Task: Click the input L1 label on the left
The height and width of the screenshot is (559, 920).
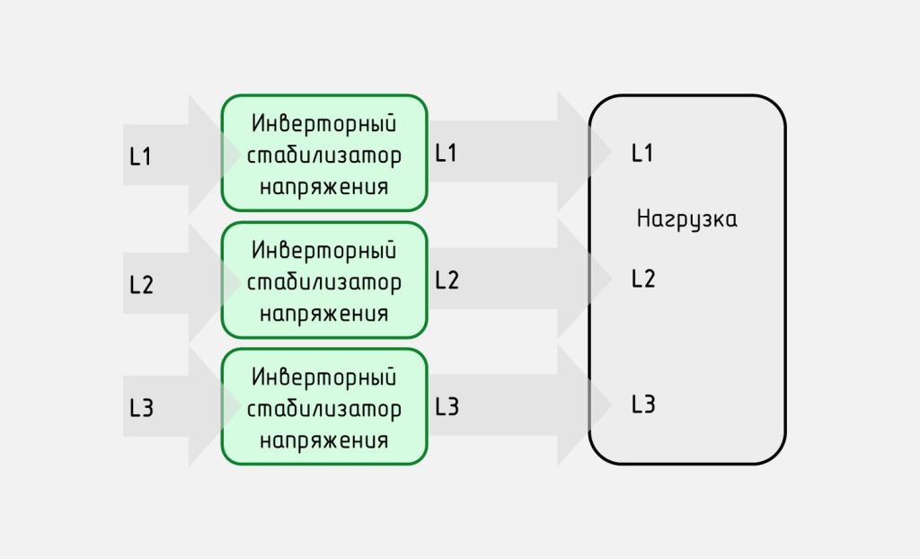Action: (140, 156)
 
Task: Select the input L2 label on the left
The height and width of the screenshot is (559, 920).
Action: (141, 285)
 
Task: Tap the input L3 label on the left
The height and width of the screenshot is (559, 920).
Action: (141, 407)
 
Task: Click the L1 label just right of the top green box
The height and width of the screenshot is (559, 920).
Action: (446, 153)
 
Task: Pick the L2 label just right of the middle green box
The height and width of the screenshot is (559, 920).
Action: (447, 280)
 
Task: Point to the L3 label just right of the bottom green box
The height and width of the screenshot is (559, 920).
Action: (447, 406)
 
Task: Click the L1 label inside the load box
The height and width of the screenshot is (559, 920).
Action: (642, 153)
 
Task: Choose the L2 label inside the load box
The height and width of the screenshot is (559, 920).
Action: (643, 279)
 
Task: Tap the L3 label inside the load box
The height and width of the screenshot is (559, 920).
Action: (643, 404)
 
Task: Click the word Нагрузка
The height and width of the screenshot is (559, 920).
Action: (687, 219)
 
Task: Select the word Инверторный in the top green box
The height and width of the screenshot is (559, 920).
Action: (323, 123)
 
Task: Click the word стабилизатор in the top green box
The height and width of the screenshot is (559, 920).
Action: (323, 155)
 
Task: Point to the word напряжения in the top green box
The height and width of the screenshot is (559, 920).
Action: (323, 187)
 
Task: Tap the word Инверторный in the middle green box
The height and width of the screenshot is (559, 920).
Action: (323, 250)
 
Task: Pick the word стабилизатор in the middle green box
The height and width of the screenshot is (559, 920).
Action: (323, 282)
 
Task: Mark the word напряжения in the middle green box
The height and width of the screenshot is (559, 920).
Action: (323, 314)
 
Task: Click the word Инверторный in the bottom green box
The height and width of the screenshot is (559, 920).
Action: (323, 377)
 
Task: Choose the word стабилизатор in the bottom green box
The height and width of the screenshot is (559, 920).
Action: (323, 409)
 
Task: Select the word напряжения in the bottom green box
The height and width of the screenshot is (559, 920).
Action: (323, 440)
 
